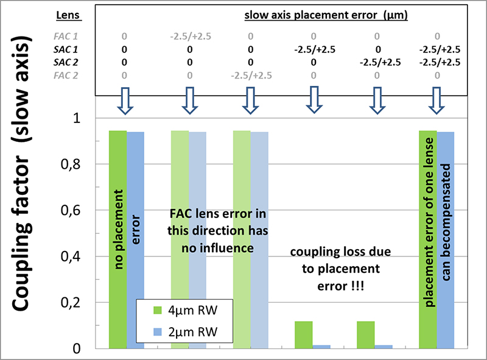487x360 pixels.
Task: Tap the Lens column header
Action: (x=66, y=14)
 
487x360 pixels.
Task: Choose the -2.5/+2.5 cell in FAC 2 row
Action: (x=251, y=76)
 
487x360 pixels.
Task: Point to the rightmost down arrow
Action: (x=438, y=101)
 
